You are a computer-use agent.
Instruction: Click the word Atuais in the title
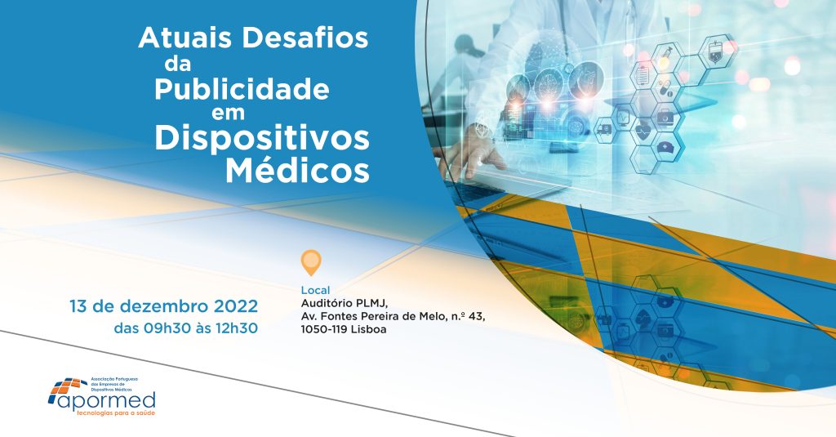[x=185, y=38]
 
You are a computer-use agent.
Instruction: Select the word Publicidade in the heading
[x=242, y=90]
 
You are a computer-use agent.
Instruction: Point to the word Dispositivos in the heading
[x=262, y=139]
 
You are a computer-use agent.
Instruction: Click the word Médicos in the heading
[x=297, y=170]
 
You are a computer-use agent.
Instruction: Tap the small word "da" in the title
[x=177, y=64]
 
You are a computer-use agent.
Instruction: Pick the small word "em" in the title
[x=228, y=113]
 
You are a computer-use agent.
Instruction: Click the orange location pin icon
[x=311, y=262]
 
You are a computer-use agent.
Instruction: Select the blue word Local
[x=316, y=290]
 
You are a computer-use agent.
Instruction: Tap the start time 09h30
[x=167, y=328]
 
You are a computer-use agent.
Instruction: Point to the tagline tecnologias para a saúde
[x=116, y=413]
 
